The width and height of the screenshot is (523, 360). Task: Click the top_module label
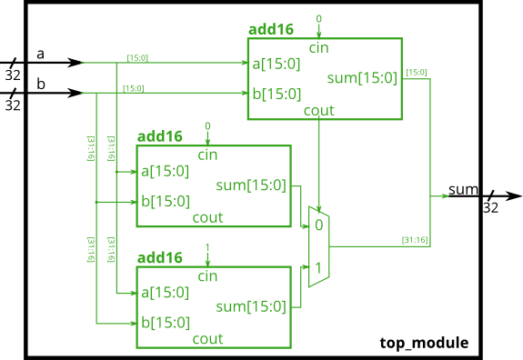click(424, 343)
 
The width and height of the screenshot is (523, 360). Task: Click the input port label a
click(40, 55)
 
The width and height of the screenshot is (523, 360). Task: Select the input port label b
click(40, 85)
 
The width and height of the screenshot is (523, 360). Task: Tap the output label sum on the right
click(463, 190)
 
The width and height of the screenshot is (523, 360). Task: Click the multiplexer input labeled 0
click(318, 225)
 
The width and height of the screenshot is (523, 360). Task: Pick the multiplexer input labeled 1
click(318, 268)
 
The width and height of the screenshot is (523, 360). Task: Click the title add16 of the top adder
click(271, 29)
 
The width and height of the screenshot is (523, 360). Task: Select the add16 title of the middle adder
click(160, 136)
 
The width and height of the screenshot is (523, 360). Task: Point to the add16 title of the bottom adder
click(160, 257)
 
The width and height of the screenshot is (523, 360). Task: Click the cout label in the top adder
click(319, 111)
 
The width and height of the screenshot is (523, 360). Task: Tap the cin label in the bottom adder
click(207, 275)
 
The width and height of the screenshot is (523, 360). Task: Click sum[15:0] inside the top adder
click(362, 78)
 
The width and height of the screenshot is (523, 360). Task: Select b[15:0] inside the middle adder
click(165, 201)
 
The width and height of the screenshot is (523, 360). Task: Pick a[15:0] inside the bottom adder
click(165, 292)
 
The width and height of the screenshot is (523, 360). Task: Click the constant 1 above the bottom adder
click(207, 247)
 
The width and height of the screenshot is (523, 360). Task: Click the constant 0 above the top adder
click(318, 19)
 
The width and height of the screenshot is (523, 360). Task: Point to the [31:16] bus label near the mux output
click(415, 240)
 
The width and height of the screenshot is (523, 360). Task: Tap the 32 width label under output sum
click(490, 207)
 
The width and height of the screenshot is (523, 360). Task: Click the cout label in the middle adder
click(207, 218)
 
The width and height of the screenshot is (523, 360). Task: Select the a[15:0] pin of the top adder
click(277, 63)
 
